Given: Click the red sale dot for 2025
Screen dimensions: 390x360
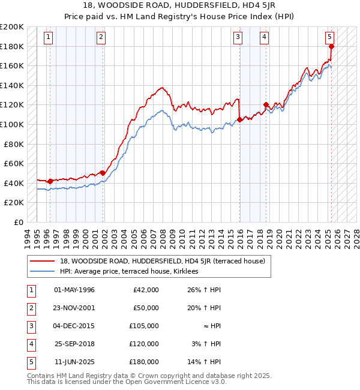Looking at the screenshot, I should point(331,46).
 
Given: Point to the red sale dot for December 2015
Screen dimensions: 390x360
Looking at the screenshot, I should point(239,119).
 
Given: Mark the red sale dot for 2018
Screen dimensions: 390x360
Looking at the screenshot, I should point(266,105).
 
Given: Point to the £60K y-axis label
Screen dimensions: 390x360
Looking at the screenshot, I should point(14,163).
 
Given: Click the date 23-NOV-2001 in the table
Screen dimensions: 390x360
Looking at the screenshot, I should point(74,308).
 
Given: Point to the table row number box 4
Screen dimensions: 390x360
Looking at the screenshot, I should point(31,344).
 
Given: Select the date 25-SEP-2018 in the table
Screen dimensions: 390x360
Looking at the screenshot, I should point(74,344).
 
